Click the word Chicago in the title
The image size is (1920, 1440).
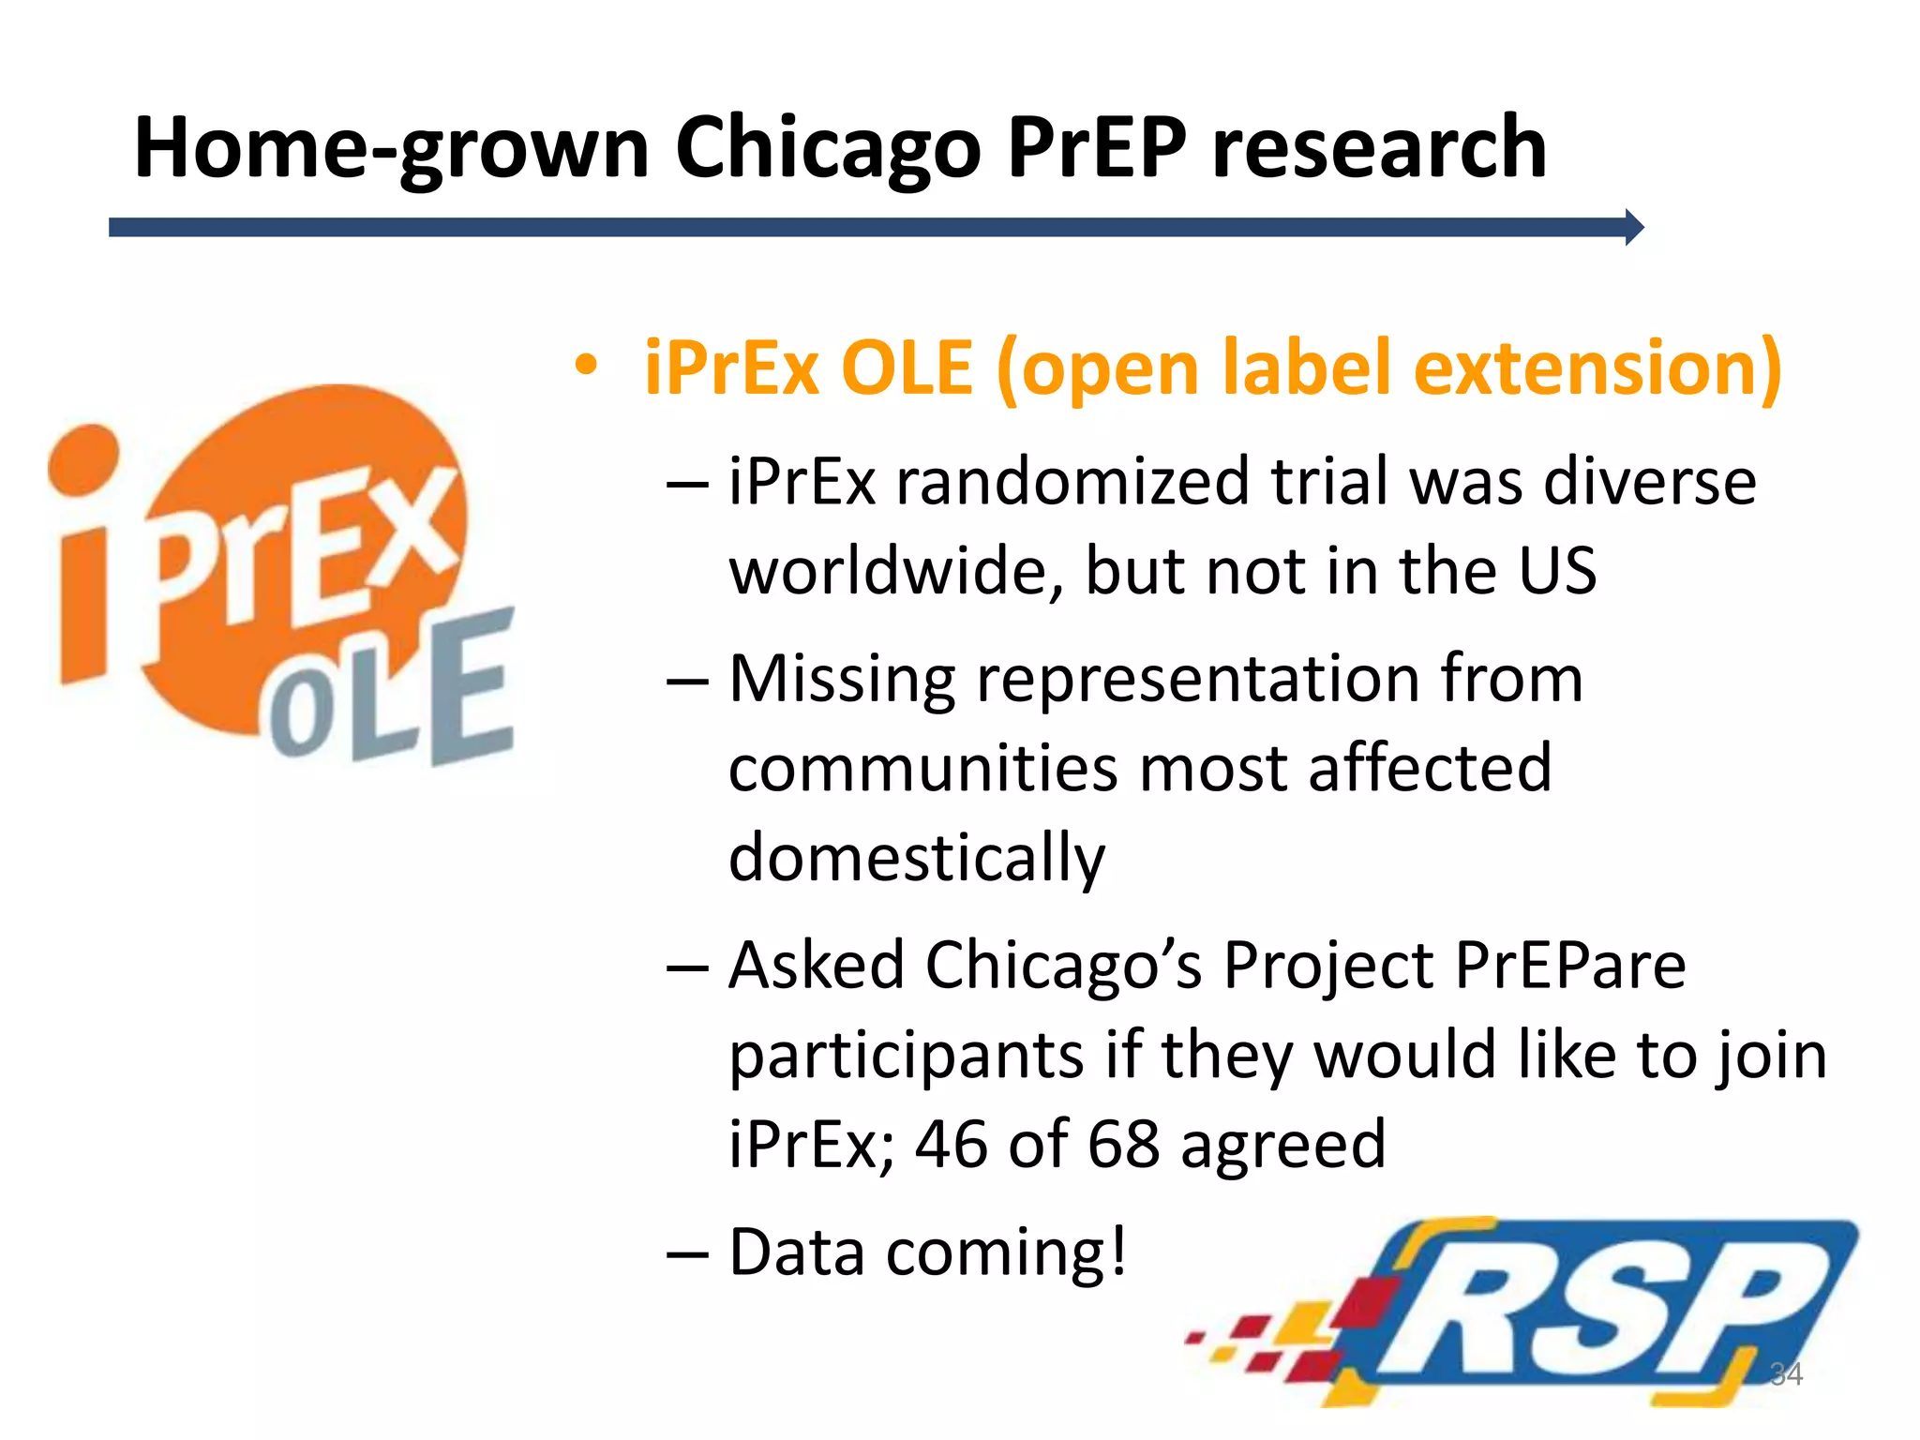[828, 148]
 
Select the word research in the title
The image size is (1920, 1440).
[1378, 148]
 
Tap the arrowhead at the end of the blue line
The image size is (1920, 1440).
[1634, 227]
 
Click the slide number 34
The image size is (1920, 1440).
[1786, 1374]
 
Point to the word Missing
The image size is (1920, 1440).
[842, 680]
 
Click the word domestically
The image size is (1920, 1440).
[917, 859]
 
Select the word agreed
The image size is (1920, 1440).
[1282, 1146]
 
